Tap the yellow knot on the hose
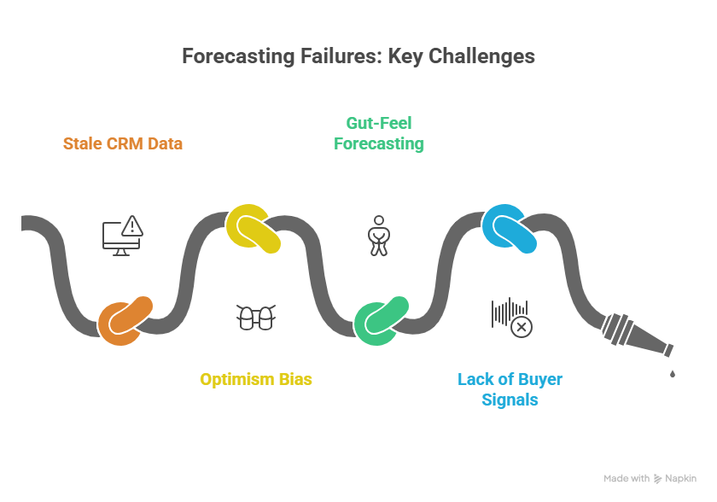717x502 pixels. pyautogui.click(x=253, y=229)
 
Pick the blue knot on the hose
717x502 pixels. pyautogui.click(x=509, y=227)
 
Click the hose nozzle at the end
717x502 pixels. pyautogui.click(x=636, y=336)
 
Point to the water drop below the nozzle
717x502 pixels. pyautogui.click(x=673, y=372)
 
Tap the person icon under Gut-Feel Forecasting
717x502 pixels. pyautogui.click(x=377, y=235)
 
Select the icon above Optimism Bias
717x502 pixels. pyautogui.click(x=255, y=318)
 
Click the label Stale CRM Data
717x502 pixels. pyautogui.click(x=123, y=143)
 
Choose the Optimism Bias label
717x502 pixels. pyautogui.click(x=256, y=379)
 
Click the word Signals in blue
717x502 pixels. pyautogui.click(x=510, y=400)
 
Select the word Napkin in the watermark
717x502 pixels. pyautogui.click(x=681, y=479)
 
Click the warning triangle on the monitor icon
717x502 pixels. pyautogui.click(x=131, y=226)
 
